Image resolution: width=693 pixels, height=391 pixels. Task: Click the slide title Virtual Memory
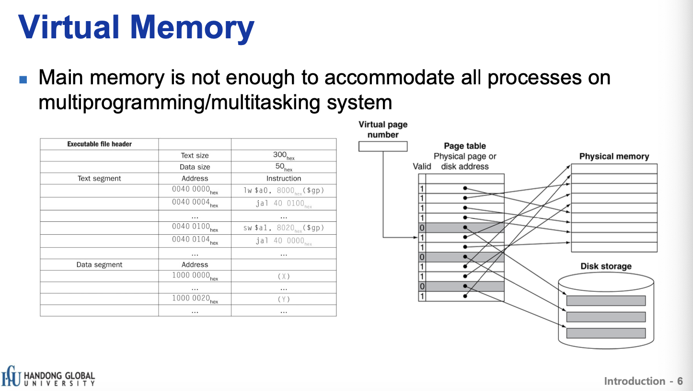point(136,27)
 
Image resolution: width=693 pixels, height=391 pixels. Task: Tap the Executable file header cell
point(99,144)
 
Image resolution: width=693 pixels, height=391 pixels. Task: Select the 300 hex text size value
point(283,156)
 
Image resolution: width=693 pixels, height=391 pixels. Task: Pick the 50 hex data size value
point(283,167)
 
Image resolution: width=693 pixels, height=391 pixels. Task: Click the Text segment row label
point(99,178)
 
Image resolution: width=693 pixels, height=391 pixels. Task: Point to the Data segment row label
point(99,264)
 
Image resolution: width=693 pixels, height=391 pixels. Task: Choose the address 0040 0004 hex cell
point(195,203)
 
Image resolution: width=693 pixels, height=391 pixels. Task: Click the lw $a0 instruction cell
point(283,191)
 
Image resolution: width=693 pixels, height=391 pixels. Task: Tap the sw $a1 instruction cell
point(283,228)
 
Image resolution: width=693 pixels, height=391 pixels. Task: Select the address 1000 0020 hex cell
point(195,299)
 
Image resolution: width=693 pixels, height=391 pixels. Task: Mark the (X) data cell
point(283,276)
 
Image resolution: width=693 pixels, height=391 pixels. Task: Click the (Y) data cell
point(283,299)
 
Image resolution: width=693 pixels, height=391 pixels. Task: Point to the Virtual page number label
point(383,129)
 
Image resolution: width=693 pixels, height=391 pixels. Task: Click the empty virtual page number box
point(383,146)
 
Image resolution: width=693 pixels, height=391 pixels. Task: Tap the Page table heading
point(464,146)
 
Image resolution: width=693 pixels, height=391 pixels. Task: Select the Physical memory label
point(614,156)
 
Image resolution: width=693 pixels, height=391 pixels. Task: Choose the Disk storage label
point(606,266)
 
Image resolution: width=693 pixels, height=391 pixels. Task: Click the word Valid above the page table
point(422,166)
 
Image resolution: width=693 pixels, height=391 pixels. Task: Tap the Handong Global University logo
point(48,377)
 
